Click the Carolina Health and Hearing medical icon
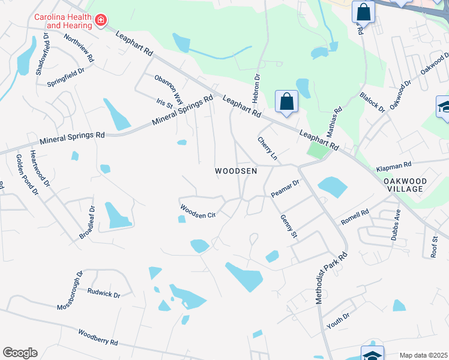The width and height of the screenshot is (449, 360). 101,21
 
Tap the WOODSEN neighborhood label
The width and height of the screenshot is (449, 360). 236,171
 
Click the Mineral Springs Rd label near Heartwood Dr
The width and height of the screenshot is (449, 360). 72,137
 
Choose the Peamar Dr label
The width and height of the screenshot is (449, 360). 285,188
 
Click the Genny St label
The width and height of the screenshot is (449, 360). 289,226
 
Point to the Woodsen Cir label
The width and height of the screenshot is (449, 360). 198,211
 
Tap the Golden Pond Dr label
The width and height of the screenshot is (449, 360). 27,175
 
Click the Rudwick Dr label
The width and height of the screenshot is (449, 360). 104,293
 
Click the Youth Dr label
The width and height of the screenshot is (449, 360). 338,321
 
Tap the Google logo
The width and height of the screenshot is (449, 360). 20,353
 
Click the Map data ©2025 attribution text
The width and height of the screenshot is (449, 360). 423,355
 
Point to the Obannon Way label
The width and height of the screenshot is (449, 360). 168,88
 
